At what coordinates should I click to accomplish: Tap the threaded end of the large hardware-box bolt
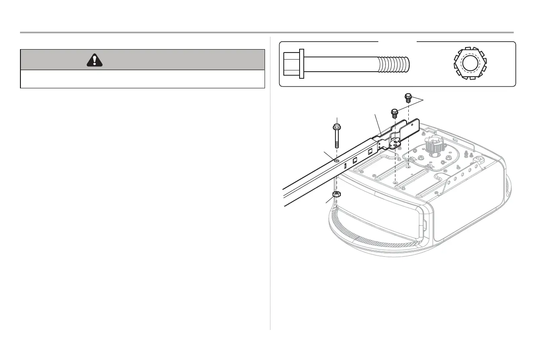[x=394, y=64]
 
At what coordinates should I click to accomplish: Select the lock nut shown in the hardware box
[x=470, y=64]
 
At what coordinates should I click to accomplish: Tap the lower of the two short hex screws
[x=394, y=113]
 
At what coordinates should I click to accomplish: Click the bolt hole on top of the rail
[x=337, y=160]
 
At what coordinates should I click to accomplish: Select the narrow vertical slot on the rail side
[x=345, y=166]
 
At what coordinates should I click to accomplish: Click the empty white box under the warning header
[x=142, y=79]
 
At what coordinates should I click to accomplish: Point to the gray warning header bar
[x=142, y=60]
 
